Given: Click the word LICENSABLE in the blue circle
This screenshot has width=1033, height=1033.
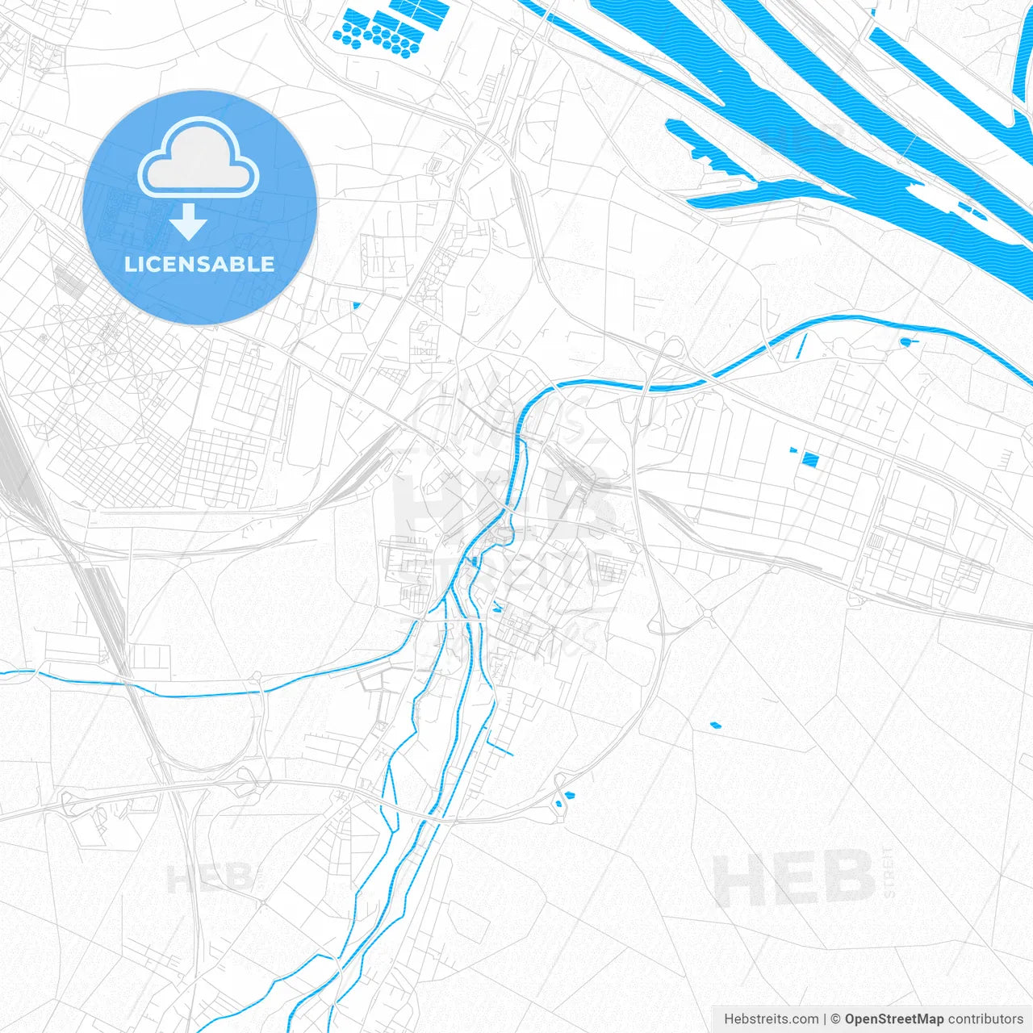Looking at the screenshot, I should tap(199, 265).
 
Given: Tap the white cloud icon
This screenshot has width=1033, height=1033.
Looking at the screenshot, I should tap(199, 157).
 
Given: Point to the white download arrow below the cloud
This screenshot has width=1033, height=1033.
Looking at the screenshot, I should tap(189, 222).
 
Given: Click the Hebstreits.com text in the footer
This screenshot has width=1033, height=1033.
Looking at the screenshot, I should tap(771, 1019).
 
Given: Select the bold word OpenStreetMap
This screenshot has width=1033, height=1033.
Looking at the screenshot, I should tap(893, 1019).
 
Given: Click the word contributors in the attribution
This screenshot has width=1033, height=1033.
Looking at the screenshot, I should tap(985, 1019).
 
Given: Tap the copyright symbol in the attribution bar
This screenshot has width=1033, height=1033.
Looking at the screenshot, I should tap(836, 1019).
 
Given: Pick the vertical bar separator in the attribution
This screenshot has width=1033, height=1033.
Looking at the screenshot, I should tap(825, 1019).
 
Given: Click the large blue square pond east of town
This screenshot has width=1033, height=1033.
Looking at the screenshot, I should tap(810, 460).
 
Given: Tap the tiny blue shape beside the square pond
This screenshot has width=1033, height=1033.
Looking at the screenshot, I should tap(793, 450).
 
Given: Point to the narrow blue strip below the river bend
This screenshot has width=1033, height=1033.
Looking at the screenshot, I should tap(801, 347).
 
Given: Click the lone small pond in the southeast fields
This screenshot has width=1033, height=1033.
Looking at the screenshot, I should tap(714, 725).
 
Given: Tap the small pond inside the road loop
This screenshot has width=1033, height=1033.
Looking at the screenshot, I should tap(567, 797).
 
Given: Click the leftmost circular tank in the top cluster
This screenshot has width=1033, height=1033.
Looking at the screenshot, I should tap(338, 35).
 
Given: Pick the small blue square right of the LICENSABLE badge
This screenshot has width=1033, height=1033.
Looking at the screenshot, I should tap(355, 305).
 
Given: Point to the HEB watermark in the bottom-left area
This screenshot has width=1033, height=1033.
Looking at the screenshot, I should tap(210, 879).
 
